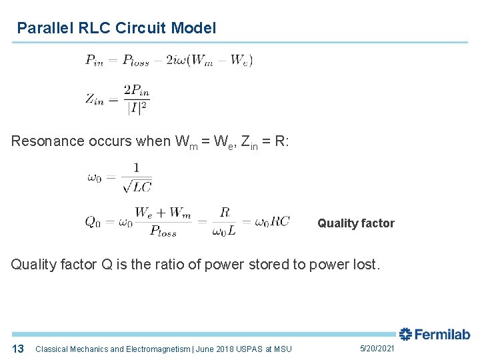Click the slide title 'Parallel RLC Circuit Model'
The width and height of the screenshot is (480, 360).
coord(117,28)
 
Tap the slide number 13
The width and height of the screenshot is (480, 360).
coord(18,349)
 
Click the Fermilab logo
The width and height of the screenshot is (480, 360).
coord(434,335)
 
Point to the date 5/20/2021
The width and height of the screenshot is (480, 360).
coord(377,349)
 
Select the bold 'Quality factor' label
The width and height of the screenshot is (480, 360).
coord(355,223)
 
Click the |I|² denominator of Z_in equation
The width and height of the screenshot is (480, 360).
coord(137,107)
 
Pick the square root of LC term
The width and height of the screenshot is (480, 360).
coord(137,186)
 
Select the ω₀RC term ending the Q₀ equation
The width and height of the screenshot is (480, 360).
coord(273,222)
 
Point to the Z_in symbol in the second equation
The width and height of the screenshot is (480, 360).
coord(94,99)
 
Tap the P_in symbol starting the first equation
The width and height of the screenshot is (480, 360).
coord(94,60)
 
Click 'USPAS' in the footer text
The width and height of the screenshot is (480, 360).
coord(247,349)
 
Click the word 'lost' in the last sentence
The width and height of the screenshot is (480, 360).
coord(365,265)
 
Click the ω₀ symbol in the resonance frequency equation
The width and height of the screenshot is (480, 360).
coord(94,177)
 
